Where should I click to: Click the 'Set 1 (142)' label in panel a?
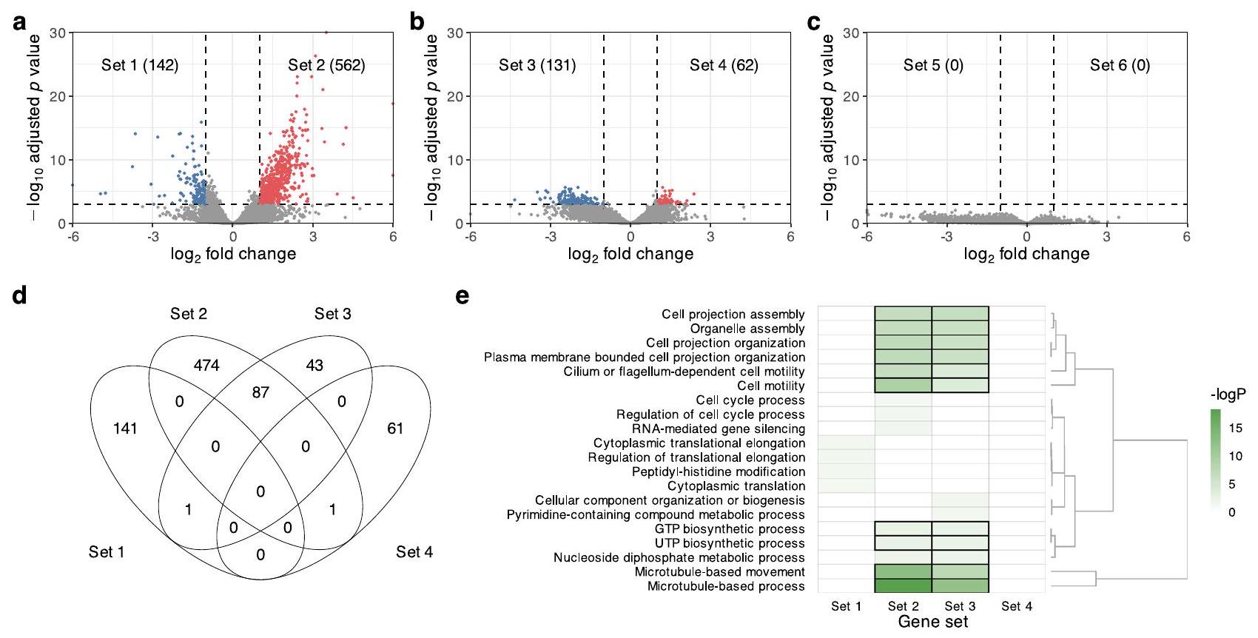140,65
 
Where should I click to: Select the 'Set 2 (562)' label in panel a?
326,65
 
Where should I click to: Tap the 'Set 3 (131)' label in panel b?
537,65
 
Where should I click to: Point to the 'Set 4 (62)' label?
724,65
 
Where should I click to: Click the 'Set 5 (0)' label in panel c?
933,65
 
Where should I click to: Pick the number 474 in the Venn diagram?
206,365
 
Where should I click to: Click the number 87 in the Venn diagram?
260,392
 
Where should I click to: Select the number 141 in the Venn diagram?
125,428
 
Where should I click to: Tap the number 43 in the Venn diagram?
314,365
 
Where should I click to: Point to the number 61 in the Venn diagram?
395,428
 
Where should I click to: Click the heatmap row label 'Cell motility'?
771,386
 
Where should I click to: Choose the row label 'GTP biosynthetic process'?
730,529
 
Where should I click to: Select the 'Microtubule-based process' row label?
726,586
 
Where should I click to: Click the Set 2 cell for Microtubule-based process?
903,585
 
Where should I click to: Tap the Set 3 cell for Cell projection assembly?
960,314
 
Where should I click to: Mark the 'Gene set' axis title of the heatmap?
932,622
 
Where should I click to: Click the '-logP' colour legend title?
1228,394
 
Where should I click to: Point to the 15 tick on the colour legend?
1235,428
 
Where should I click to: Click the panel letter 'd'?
20,295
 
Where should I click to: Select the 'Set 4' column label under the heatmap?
1017,606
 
